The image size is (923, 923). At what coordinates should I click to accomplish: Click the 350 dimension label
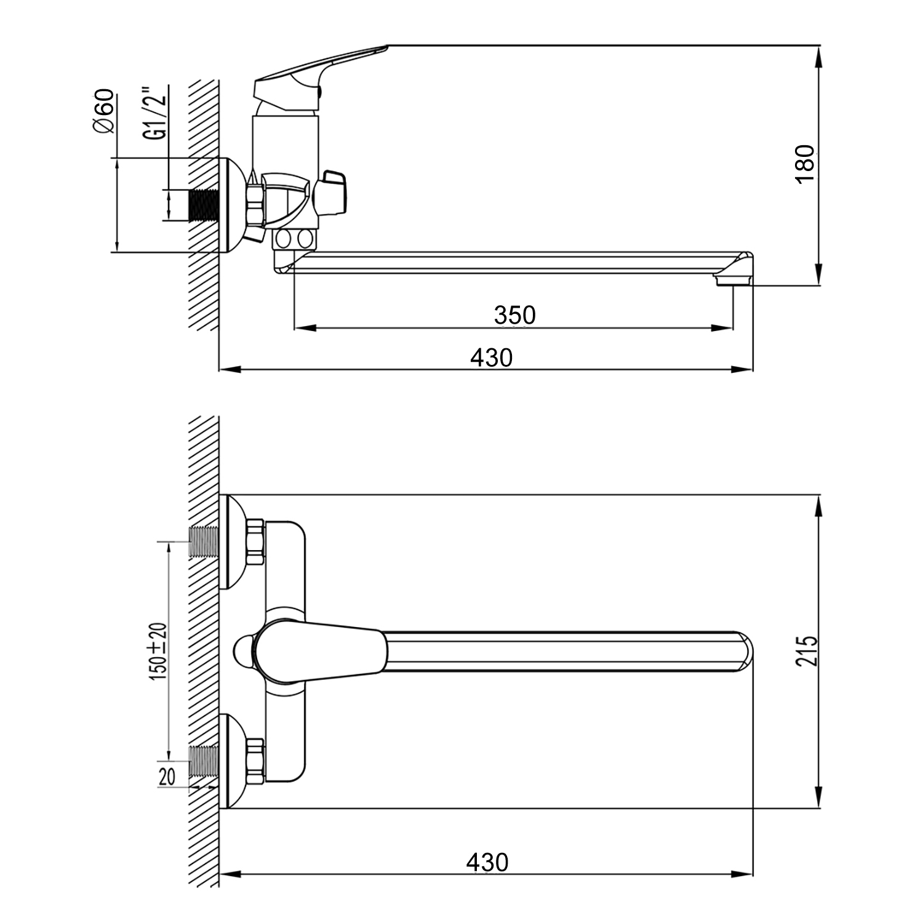[x=515, y=315]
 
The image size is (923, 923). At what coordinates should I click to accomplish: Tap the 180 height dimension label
[x=805, y=163]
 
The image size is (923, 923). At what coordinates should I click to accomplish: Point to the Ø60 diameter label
[x=103, y=111]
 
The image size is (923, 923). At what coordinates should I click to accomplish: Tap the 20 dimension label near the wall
[x=167, y=777]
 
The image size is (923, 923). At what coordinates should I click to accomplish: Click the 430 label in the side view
[x=491, y=357]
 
